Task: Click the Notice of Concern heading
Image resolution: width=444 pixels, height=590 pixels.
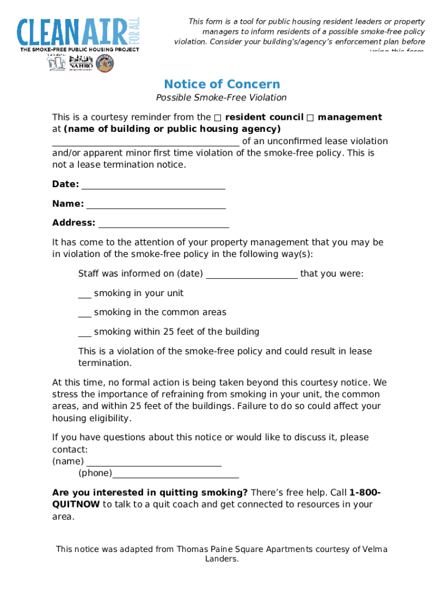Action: [x=222, y=84]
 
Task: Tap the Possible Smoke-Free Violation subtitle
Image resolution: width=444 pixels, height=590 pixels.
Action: [x=221, y=98]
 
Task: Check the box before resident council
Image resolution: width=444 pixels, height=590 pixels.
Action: [x=217, y=118]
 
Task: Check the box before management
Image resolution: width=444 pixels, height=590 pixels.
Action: [x=310, y=118]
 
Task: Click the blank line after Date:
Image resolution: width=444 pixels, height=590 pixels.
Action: [x=153, y=186]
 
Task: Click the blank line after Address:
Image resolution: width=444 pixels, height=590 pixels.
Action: [x=164, y=224]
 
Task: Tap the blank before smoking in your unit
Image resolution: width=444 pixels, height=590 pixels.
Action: [x=85, y=295]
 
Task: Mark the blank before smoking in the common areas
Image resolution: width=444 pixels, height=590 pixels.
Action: [x=85, y=314]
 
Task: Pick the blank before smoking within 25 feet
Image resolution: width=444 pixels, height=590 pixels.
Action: [x=85, y=334]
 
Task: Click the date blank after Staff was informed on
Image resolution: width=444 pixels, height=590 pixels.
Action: [x=251, y=275]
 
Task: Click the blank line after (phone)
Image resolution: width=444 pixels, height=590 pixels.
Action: [x=175, y=475]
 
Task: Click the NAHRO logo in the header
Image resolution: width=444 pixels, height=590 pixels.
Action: [x=81, y=63]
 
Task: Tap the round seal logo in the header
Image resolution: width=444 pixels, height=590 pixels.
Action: [x=104, y=63]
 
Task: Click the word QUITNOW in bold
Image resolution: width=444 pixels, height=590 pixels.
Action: [x=76, y=505]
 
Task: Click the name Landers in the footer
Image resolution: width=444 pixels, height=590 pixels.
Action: [x=222, y=559]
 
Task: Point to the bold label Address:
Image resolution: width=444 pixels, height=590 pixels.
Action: [x=74, y=223]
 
